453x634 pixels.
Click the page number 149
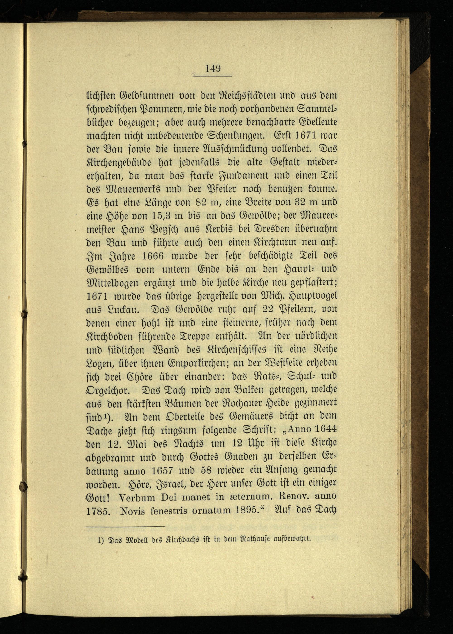213,68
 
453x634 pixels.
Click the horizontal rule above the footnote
125,527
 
